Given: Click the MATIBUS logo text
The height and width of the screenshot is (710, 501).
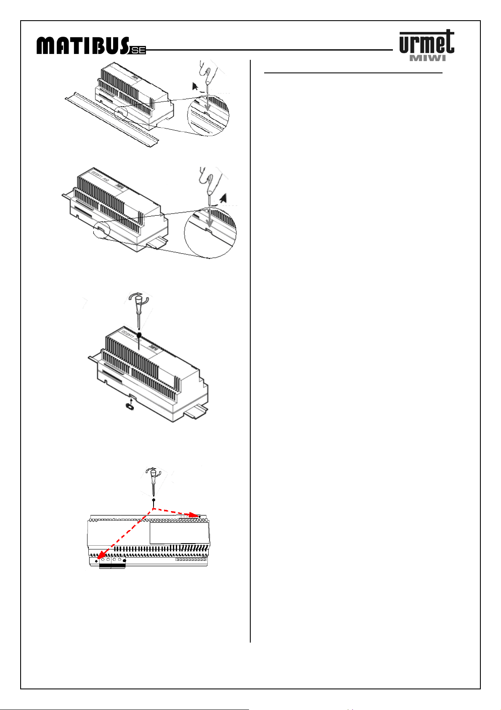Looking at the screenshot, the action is click(82, 46).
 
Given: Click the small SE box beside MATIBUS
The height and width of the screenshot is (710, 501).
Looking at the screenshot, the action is click(138, 51).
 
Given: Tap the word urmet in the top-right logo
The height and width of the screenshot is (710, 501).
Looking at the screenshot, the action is click(427, 43).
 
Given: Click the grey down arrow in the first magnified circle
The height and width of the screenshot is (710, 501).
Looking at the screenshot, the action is click(207, 105).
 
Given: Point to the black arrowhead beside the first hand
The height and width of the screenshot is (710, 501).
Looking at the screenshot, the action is click(195, 86).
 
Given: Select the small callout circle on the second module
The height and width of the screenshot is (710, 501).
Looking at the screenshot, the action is click(101, 230).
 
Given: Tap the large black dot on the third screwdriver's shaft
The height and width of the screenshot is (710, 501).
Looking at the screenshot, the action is click(139, 335).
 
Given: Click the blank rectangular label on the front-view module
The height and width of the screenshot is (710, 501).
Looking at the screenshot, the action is click(180, 533).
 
